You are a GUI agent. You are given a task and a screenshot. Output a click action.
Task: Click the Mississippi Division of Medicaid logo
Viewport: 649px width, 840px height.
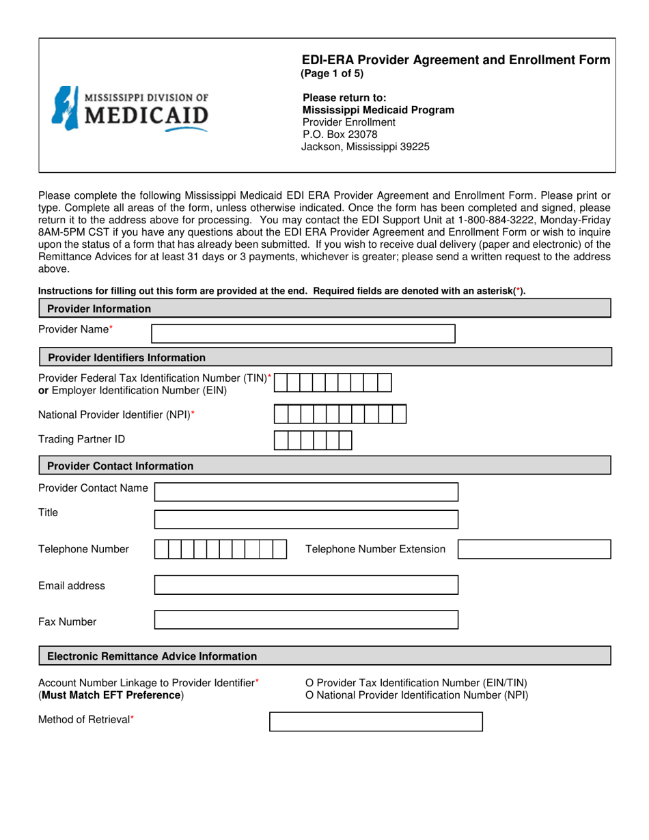(130, 109)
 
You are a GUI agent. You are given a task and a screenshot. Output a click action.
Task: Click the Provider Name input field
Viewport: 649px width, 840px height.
(303, 333)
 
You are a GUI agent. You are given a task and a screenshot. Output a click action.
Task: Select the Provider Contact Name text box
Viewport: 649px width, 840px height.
(306, 492)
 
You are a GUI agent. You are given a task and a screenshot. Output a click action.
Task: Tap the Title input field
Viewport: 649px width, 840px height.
(306, 519)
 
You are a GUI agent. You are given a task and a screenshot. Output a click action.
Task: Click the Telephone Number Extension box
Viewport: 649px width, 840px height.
(534, 550)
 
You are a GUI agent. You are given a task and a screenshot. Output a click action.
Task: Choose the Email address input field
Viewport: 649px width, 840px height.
(306, 585)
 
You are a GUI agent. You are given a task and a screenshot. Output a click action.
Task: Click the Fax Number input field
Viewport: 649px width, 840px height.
(306, 619)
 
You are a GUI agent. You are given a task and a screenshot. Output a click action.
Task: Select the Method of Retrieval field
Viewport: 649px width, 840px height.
(376, 722)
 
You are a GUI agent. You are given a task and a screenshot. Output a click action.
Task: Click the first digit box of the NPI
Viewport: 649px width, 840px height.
(281, 415)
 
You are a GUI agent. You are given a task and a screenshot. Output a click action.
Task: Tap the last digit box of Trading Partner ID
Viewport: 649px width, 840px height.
(345, 441)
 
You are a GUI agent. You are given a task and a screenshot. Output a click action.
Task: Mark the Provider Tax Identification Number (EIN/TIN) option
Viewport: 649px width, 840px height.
(310, 682)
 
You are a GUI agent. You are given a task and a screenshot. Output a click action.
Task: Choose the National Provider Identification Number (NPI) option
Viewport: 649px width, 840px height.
(310, 695)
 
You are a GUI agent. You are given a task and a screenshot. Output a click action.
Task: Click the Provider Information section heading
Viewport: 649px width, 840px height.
(99, 309)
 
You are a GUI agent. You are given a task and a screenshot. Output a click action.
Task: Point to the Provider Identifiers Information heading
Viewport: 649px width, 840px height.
(126, 357)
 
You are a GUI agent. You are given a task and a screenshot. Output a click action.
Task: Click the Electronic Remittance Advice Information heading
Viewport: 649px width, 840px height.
(152, 656)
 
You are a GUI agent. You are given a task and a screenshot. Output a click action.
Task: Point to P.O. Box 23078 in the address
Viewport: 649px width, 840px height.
(340, 135)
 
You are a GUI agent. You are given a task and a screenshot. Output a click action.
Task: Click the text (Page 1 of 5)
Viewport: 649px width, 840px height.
(332, 74)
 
